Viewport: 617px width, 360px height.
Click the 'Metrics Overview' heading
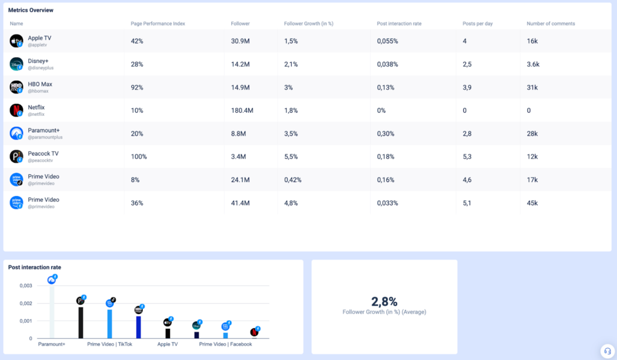pos(31,10)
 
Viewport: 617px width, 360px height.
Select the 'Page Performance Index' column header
pos(158,24)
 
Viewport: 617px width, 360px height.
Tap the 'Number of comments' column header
pos(550,24)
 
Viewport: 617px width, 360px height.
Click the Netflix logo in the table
pos(16,110)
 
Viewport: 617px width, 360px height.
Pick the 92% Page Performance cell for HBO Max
pos(137,87)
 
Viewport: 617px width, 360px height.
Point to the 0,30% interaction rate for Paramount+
pos(386,134)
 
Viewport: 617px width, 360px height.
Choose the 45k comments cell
pos(533,203)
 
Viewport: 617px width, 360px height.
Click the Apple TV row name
pos(39,38)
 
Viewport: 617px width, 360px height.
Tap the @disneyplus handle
pos(41,68)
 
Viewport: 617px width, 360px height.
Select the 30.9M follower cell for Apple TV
pos(240,41)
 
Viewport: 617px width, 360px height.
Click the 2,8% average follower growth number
pos(384,302)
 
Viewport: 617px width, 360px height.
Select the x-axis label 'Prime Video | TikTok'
pos(110,344)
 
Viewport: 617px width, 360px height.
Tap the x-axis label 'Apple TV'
pos(168,344)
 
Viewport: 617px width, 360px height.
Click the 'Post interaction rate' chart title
pos(34,267)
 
